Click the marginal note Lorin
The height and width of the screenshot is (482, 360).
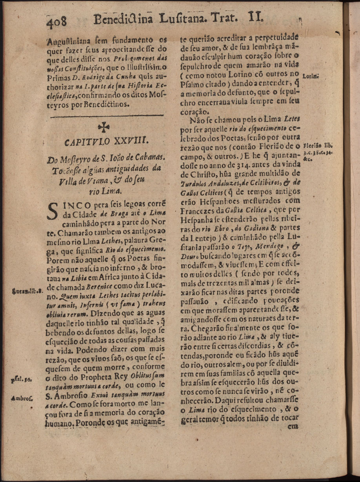pyautogui.click(x=310, y=77)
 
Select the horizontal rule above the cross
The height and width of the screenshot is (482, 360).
pyautogui.click(x=107, y=116)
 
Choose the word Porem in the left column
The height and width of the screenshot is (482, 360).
pyautogui.click(x=58, y=260)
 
